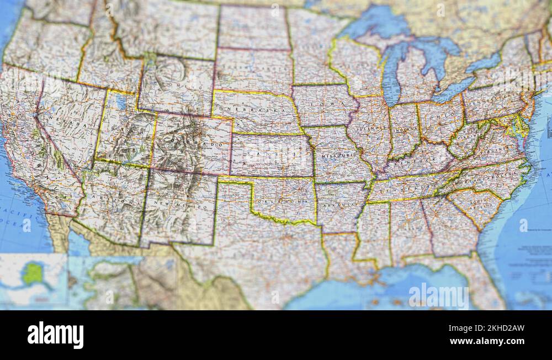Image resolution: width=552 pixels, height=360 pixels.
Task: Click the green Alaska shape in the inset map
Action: pyautogui.click(x=33, y=273)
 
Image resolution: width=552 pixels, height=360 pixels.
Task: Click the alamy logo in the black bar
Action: pyautogui.click(x=56, y=335)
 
